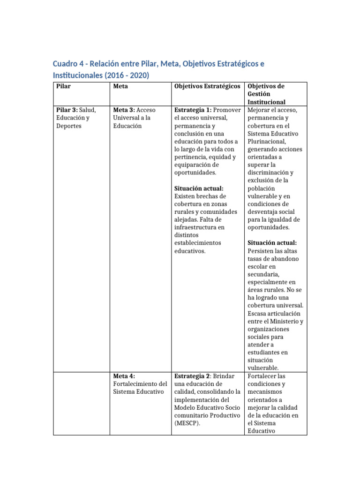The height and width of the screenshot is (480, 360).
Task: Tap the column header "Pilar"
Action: point(63,87)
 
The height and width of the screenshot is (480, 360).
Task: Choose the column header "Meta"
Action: point(120,87)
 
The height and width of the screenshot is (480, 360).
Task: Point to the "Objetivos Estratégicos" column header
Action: point(207,87)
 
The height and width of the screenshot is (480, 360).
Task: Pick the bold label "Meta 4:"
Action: point(124,376)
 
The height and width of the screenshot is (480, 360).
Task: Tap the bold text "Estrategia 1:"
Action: point(192,110)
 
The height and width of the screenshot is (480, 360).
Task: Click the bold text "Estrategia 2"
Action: point(192,376)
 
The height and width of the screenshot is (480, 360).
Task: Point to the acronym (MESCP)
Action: point(187,423)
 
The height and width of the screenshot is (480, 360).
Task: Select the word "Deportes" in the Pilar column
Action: point(69,126)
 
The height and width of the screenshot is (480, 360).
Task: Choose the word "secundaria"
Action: point(264,274)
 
